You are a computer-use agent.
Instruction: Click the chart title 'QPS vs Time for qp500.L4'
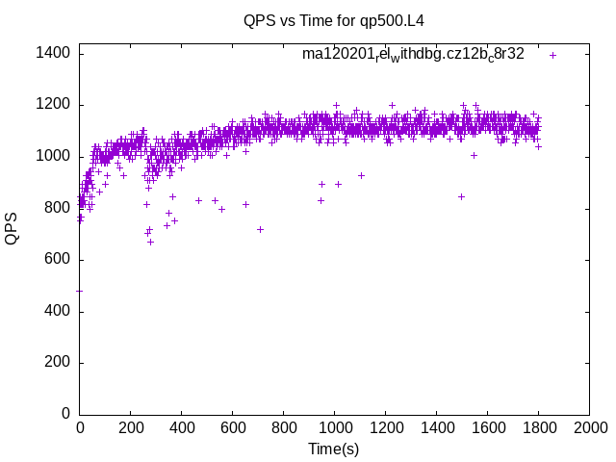pyautogui.click(x=333, y=20)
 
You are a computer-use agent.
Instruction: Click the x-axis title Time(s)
pyautogui.click(x=333, y=449)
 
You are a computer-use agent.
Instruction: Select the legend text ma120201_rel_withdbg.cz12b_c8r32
pyautogui.click(x=413, y=54)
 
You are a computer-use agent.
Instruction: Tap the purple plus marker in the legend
pyautogui.click(x=553, y=55)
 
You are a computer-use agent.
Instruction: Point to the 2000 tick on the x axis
pyautogui.click(x=589, y=427)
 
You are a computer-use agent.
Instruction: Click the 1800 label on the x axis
pyautogui.click(x=538, y=427)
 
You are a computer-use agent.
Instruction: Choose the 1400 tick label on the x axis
pyautogui.click(x=436, y=427)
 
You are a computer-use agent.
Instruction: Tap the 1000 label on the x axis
pyautogui.click(x=334, y=427)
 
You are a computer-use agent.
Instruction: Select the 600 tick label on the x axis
pyautogui.click(x=232, y=427)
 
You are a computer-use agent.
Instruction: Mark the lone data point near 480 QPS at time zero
pyautogui.click(x=79, y=291)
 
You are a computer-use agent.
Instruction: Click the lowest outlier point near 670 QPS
pyautogui.click(x=150, y=242)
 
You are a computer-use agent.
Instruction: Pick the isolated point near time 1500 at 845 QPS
pyautogui.click(x=461, y=196)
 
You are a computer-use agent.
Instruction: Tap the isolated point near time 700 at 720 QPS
pyautogui.click(x=260, y=229)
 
